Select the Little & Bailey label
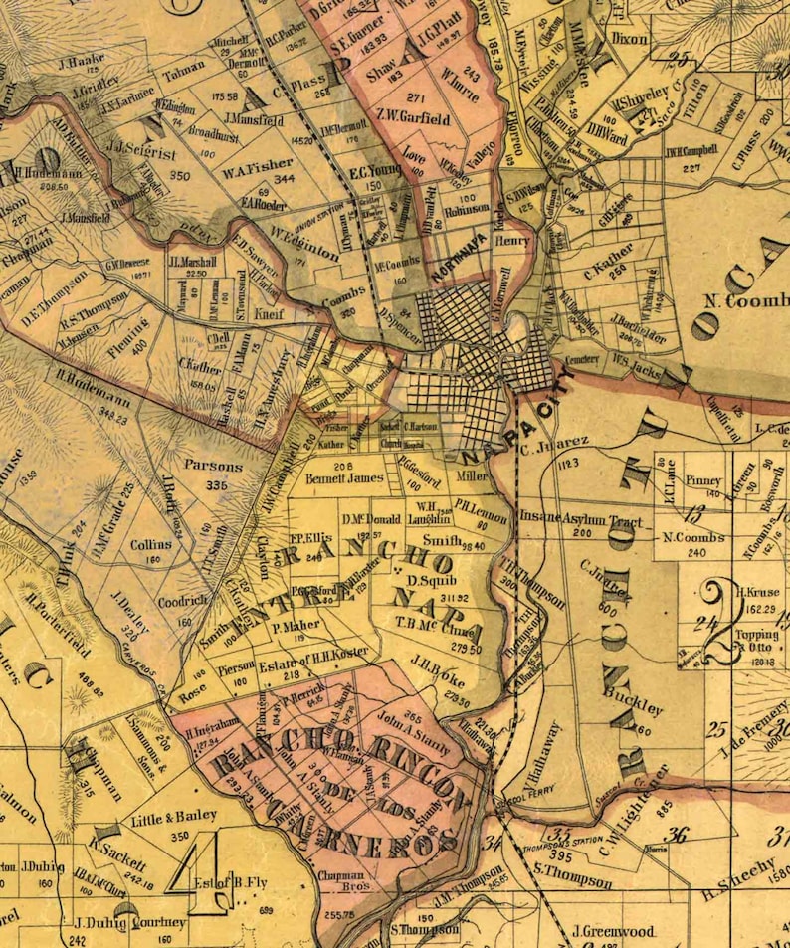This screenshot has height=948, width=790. click(x=179, y=816)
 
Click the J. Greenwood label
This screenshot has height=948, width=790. click(x=614, y=932)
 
